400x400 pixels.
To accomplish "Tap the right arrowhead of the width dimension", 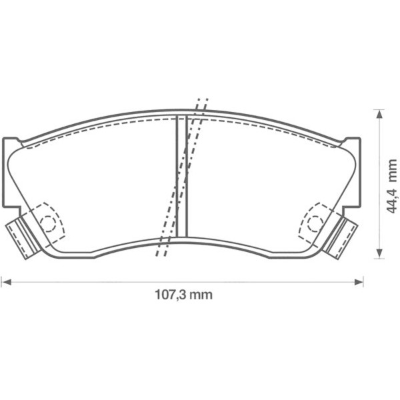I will click(x=361, y=281).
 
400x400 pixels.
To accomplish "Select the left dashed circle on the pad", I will click(x=49, y=223).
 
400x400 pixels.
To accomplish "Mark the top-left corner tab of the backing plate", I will click(x=11, y=143).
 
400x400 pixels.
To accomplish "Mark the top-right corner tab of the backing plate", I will click(x=352, y=143).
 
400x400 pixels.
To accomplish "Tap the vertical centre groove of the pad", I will click(x=181, y=177).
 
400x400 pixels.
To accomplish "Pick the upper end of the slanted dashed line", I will click(x=202, y=102).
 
